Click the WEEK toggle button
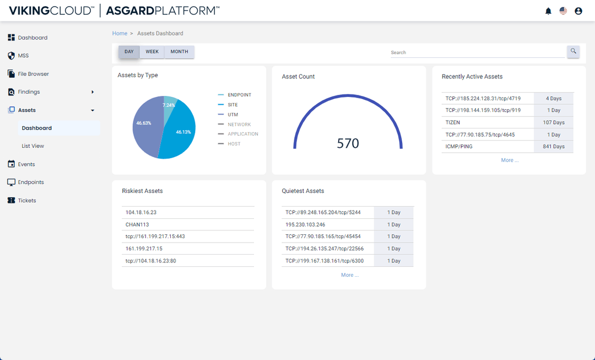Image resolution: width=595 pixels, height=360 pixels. [x=152, y=52]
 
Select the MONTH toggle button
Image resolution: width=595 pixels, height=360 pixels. [x=179, y=52]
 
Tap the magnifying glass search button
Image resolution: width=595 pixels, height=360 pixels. [x=574, y=51]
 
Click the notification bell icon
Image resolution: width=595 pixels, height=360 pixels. [x=548, y=11]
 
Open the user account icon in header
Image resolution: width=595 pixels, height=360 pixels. [x=578, y=11]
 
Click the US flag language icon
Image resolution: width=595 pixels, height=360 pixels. [x=563, y=11]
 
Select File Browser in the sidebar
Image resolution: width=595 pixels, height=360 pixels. [x=33, y=74]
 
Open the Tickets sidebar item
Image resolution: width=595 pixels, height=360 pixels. [x=27, y=201]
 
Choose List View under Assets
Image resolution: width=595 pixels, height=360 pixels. [x=33, y=146]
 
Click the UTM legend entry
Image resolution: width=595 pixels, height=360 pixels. [x=232, y=114]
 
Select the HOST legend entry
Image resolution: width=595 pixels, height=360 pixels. [x=234, y=144]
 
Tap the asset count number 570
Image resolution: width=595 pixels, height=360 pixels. [x=348, y=143]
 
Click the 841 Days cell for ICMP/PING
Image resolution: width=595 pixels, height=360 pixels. [x=554, y=147]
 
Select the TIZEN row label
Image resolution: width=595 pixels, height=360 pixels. [x=453, y=122]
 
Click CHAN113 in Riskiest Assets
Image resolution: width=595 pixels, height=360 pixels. [x=137, y=224]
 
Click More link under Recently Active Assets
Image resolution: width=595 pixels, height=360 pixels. [x=510, y=160]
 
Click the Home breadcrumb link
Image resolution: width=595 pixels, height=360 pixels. [x=120, y=34]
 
